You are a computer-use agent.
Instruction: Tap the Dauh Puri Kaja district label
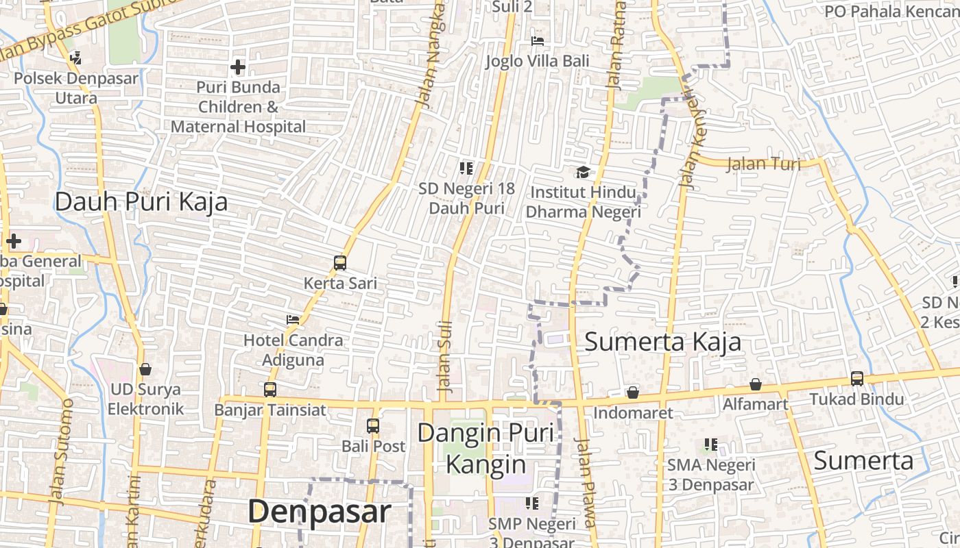point(141,202)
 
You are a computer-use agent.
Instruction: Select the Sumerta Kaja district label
point(662,342)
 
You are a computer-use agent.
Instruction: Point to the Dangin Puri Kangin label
point(485,448)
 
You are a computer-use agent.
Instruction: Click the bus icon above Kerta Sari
point(340,262)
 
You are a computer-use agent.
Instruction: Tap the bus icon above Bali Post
point(373,426)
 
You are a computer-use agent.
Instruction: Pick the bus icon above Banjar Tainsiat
point(270,390)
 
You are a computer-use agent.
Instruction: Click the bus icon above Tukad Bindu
point(856,378)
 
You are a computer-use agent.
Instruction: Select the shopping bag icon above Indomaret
point(633,393)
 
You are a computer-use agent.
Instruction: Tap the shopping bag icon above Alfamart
point(755,384)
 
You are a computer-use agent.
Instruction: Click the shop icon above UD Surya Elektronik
point(145,369)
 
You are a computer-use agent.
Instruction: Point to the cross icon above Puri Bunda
point(238,67)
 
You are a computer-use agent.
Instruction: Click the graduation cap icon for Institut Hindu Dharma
point(583,172)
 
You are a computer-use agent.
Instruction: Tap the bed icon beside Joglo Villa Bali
point(538,41)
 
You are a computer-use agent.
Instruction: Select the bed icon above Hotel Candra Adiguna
point(293,320)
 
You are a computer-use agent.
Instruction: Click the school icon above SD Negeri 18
point(466,168)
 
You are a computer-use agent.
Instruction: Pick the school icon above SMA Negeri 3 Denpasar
point(711,445)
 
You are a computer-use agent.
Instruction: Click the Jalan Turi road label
point(763,164)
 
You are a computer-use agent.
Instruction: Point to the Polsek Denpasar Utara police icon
point(76,58)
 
